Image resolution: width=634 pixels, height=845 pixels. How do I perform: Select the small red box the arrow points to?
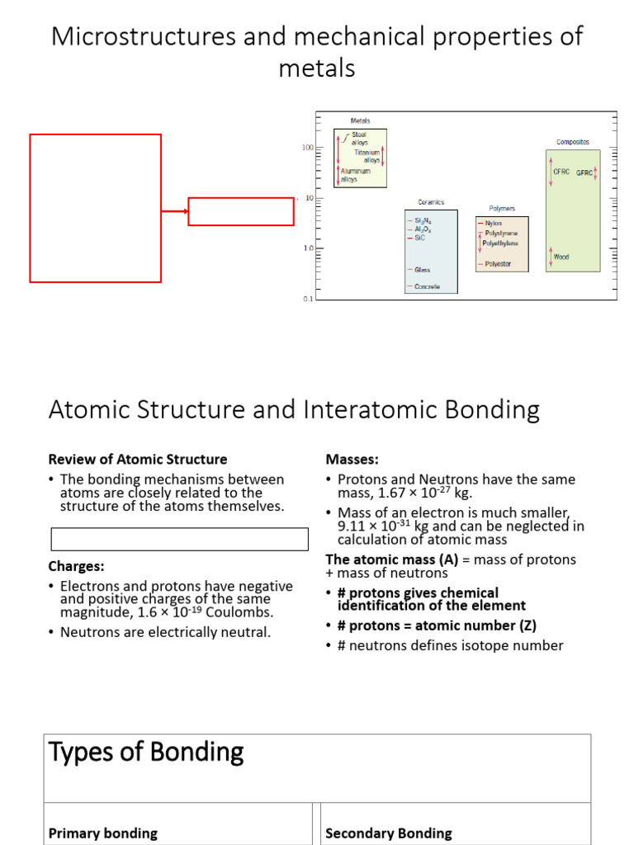(x=241, y=211)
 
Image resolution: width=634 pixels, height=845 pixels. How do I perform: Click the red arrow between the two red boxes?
(x=174, y=211)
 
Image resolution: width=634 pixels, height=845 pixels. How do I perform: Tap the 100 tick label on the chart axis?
(x=308, y=148)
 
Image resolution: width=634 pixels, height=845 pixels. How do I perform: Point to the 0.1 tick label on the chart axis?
(x=308, y=299)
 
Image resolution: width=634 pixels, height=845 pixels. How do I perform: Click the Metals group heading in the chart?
(x=360, y=120)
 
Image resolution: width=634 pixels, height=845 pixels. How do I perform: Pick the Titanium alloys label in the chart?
(x=367, y=156)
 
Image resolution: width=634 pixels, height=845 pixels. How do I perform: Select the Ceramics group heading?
(x=431, y=201)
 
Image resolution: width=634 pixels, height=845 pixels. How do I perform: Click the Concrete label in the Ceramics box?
(x=427, y=286)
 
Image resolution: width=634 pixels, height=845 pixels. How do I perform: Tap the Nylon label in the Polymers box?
(x=494, y=223)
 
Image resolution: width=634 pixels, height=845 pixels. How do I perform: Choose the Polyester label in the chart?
(x=497, y=264)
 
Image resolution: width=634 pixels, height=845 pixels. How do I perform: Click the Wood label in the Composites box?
(x=561, y=257)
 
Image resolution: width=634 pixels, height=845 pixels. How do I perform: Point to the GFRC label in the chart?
(x=584, y=173)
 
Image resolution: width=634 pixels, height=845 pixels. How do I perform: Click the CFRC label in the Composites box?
(x=562, y=172)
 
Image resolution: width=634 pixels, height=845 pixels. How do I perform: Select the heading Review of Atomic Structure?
(x=138, y=459)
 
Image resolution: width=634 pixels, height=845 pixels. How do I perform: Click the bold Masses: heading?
(x=352, y=459)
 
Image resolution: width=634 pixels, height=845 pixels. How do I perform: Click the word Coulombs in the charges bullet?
(x=244, y=612)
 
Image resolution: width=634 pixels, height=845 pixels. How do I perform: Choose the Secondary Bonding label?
(x=389, y=833)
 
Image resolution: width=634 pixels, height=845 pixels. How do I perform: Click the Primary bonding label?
(x=103, y=833)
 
